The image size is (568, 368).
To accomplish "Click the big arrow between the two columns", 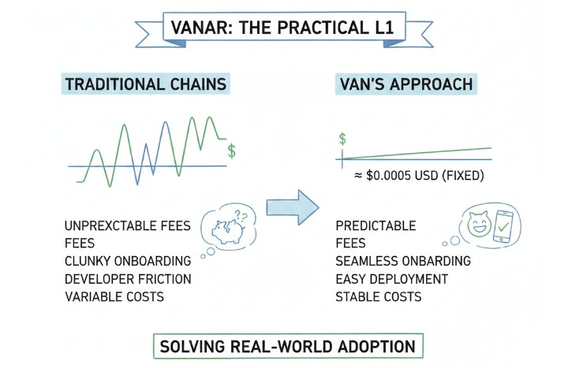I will click(x=291, y=207).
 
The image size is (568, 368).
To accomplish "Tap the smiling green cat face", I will click(x=479, y=223).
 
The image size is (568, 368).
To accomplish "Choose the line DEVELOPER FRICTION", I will click(x=127, y=279).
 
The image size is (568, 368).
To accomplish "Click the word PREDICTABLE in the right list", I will click(x=376, y=226).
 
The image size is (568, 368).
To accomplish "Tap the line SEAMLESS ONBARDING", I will click(x=402, y=261).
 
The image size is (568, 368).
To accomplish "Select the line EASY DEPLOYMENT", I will click(x=391, y=279).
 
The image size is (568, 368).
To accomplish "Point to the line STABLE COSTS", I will click(x=378, y=296).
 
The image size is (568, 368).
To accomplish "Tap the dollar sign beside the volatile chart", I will click(x=230, y=150).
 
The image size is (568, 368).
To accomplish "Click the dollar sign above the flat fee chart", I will click(x=342, y=139).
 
